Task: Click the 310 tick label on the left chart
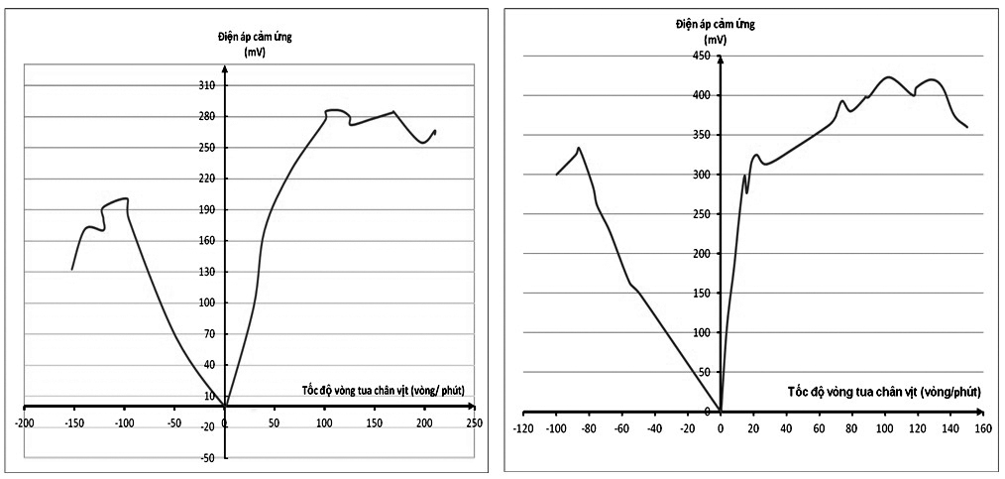pyautogui.click(x=208, y=85)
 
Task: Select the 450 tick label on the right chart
pyautogui.click(x=703, y=56)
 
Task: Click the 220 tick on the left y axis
pyautogui.click(x=208, y=179)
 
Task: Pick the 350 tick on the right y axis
pyautogui.click(x=703, y=135)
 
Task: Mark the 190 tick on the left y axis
pyautogui.click(x=208, y=209)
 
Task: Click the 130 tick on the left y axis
pyautogui.click(x=208, y=272)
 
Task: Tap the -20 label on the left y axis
pyautogui.click(x=208, y=427)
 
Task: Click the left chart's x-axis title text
pyautogui.click(x=383, y=389)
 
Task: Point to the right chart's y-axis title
pyautogui.click(x=715, y=30)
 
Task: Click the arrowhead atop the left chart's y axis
pyautogui.click(x=225, y=68)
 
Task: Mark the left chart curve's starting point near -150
pyautogui.click(x=72, y=269)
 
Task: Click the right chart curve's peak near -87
pyautogui.click(x=578, y=148)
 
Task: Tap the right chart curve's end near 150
pyautogui.click(x=966, y=127)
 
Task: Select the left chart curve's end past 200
pyautogui.click(x=435, y=130)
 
